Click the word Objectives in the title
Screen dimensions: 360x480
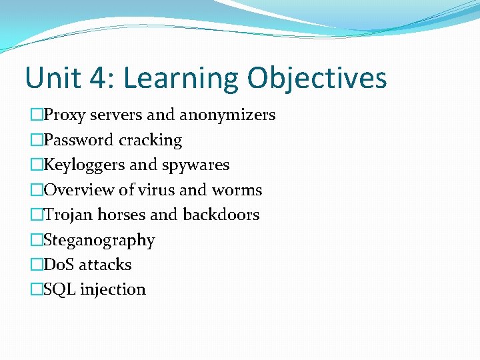click(x=317, y=78)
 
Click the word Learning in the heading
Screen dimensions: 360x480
click(x=181, y=78)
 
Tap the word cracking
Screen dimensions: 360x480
click(x=150, y=140)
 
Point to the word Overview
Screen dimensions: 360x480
click(x=79, y=190)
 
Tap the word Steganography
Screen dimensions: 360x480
click(x=99, y=240)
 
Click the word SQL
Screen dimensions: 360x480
click(x=59, y=289)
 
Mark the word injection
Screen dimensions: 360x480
click(x=113, y=289)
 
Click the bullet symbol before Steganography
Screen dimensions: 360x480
click(x=36, y=240)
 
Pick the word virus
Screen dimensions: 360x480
click(x=158, y=190)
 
